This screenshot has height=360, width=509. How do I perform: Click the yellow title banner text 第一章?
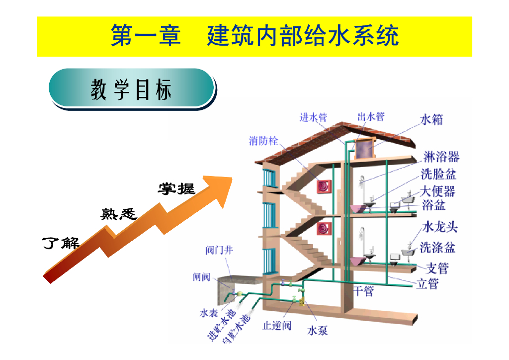pos(146,36)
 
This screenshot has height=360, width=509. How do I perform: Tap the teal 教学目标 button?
pos(132,89)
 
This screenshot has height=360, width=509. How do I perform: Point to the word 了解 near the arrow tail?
pos(61,244)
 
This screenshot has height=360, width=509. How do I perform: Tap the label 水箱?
pos(431,120)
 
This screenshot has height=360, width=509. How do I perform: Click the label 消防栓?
pos(263,141)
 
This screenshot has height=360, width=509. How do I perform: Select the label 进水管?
pos(314,117)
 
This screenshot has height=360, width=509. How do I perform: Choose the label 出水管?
pos(371,117)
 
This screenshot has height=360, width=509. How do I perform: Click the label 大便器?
pos(437,191)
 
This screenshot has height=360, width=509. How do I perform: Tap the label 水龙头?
pos(440,227)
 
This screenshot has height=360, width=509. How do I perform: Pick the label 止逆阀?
pos(277,326)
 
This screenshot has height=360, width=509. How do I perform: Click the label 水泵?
pos(318,330)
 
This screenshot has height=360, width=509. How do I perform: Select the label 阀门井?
pos(219,250)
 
